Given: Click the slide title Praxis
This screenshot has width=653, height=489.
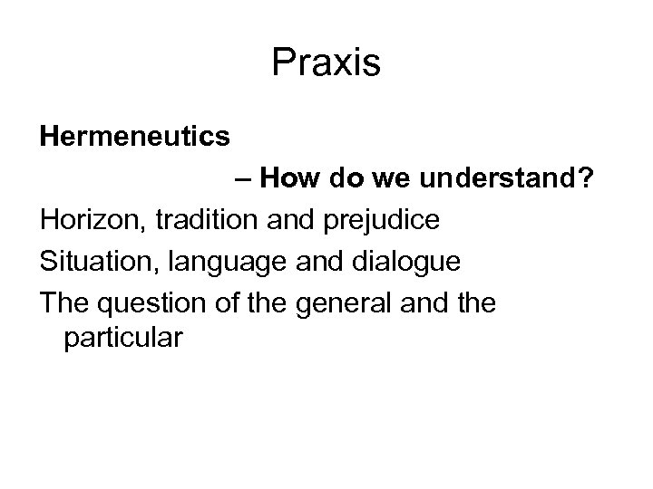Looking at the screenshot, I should tap(326, 62).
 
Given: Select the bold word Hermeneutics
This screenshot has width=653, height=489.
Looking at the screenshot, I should tap(134, 139).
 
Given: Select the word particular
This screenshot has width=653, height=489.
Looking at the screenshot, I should tap(123, 339).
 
